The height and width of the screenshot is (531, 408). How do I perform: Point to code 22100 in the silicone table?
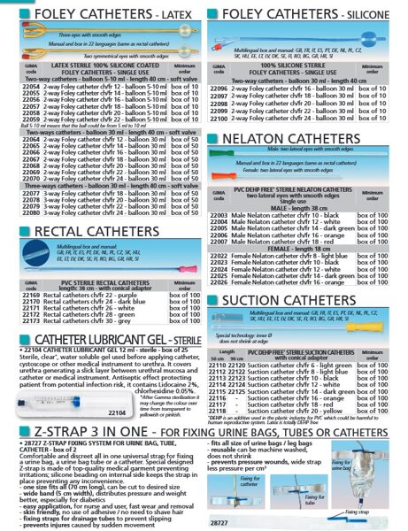(x=219, y=117)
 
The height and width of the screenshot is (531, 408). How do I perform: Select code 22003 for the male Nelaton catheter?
(x=219, y=214)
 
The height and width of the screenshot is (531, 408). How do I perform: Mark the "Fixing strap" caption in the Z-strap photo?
(x=358, y=512)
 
